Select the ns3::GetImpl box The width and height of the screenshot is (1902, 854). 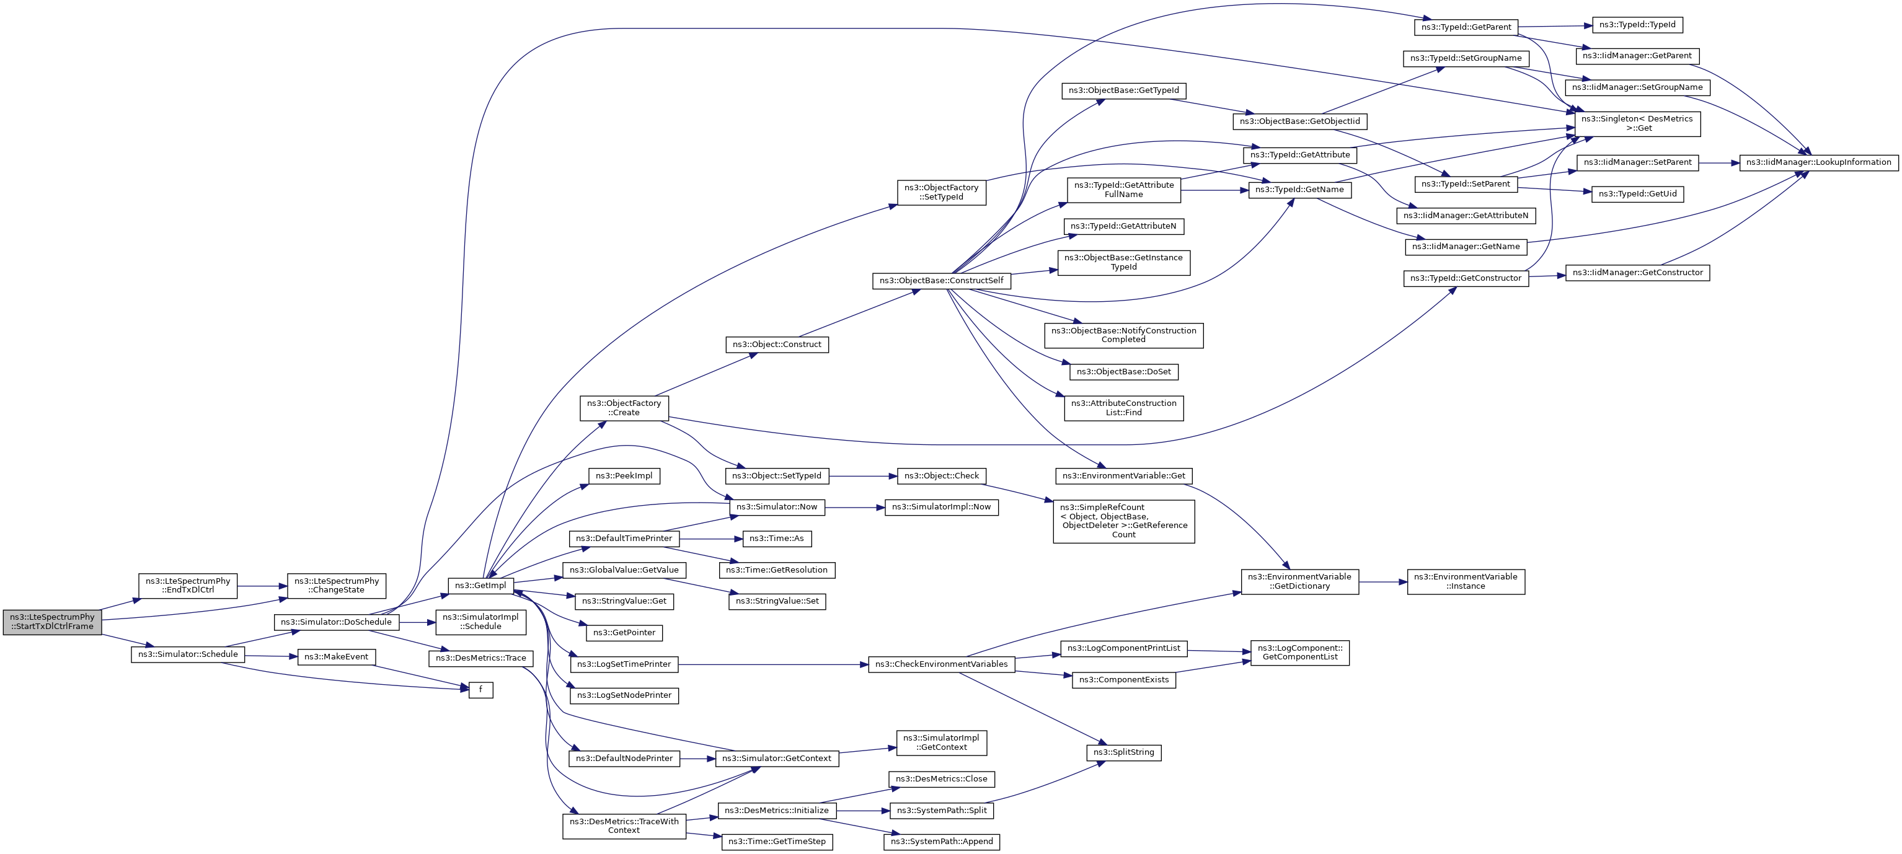(480, 585)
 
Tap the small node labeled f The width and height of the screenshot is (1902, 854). (480, 689)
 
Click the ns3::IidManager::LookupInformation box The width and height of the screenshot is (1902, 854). (1818, 162)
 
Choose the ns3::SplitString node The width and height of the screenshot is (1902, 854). (1123, 752)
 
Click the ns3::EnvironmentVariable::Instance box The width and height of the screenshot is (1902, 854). (1465, 582)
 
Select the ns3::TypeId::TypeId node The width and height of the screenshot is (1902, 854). (1637, 25)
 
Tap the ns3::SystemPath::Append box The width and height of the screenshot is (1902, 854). (942, 842)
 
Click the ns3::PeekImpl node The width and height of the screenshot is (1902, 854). (624, 476)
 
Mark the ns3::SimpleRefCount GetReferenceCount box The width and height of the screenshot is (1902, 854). (1123, 521)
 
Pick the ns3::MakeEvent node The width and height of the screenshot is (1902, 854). (336, 657)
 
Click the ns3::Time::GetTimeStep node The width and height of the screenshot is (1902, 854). (777, 842)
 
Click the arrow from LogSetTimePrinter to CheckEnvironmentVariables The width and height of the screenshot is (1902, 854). (772, 664)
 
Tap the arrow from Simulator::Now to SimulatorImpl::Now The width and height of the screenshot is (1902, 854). (854, 508)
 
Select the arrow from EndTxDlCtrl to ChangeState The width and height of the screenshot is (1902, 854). (262, 586)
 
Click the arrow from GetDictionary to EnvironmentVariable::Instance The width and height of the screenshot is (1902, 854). (1382, 582)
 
